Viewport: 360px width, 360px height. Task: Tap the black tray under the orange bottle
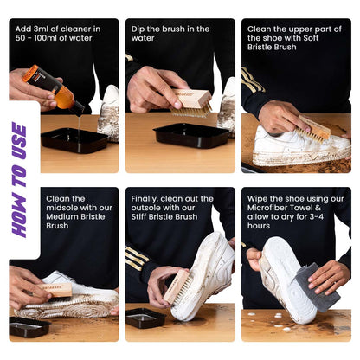click(74, 140)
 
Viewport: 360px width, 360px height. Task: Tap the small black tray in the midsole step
click(29, 326)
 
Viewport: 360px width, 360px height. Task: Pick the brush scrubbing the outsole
click(177, 286)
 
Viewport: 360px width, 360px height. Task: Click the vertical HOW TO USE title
click(19, 179)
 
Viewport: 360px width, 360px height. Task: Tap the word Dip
click(138, 29)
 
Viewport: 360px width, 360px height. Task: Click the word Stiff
click(141, 215)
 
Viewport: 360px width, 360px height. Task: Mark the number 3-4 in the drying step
click(332, 215)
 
